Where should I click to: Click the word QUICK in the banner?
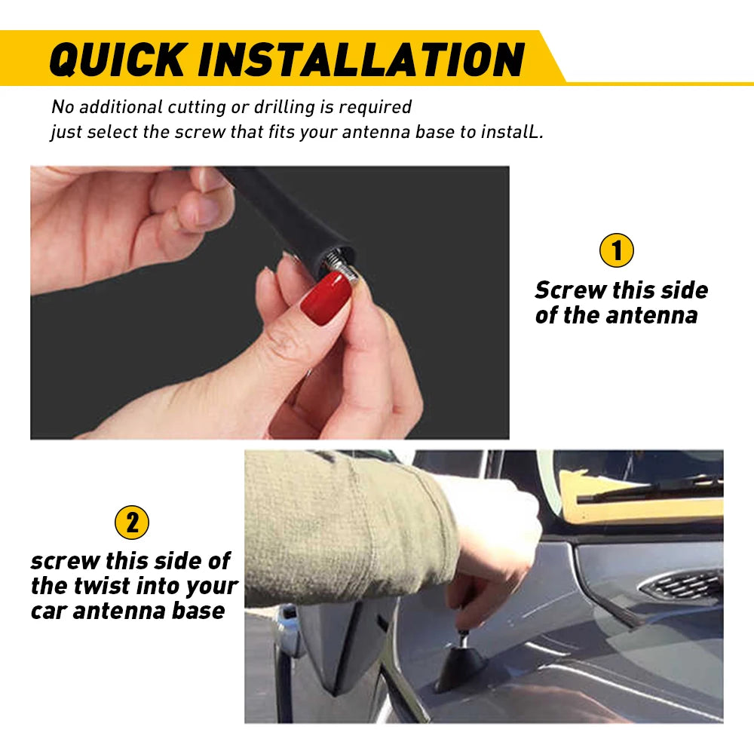(x=118, y=59)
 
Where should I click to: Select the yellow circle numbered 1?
(x=617, y=250)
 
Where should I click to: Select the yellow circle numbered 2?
(x=132, y=523)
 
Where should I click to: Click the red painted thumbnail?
(x=326, y=298)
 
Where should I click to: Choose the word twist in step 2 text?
(x=101, y=586)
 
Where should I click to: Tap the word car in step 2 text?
(x=48, y=611)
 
